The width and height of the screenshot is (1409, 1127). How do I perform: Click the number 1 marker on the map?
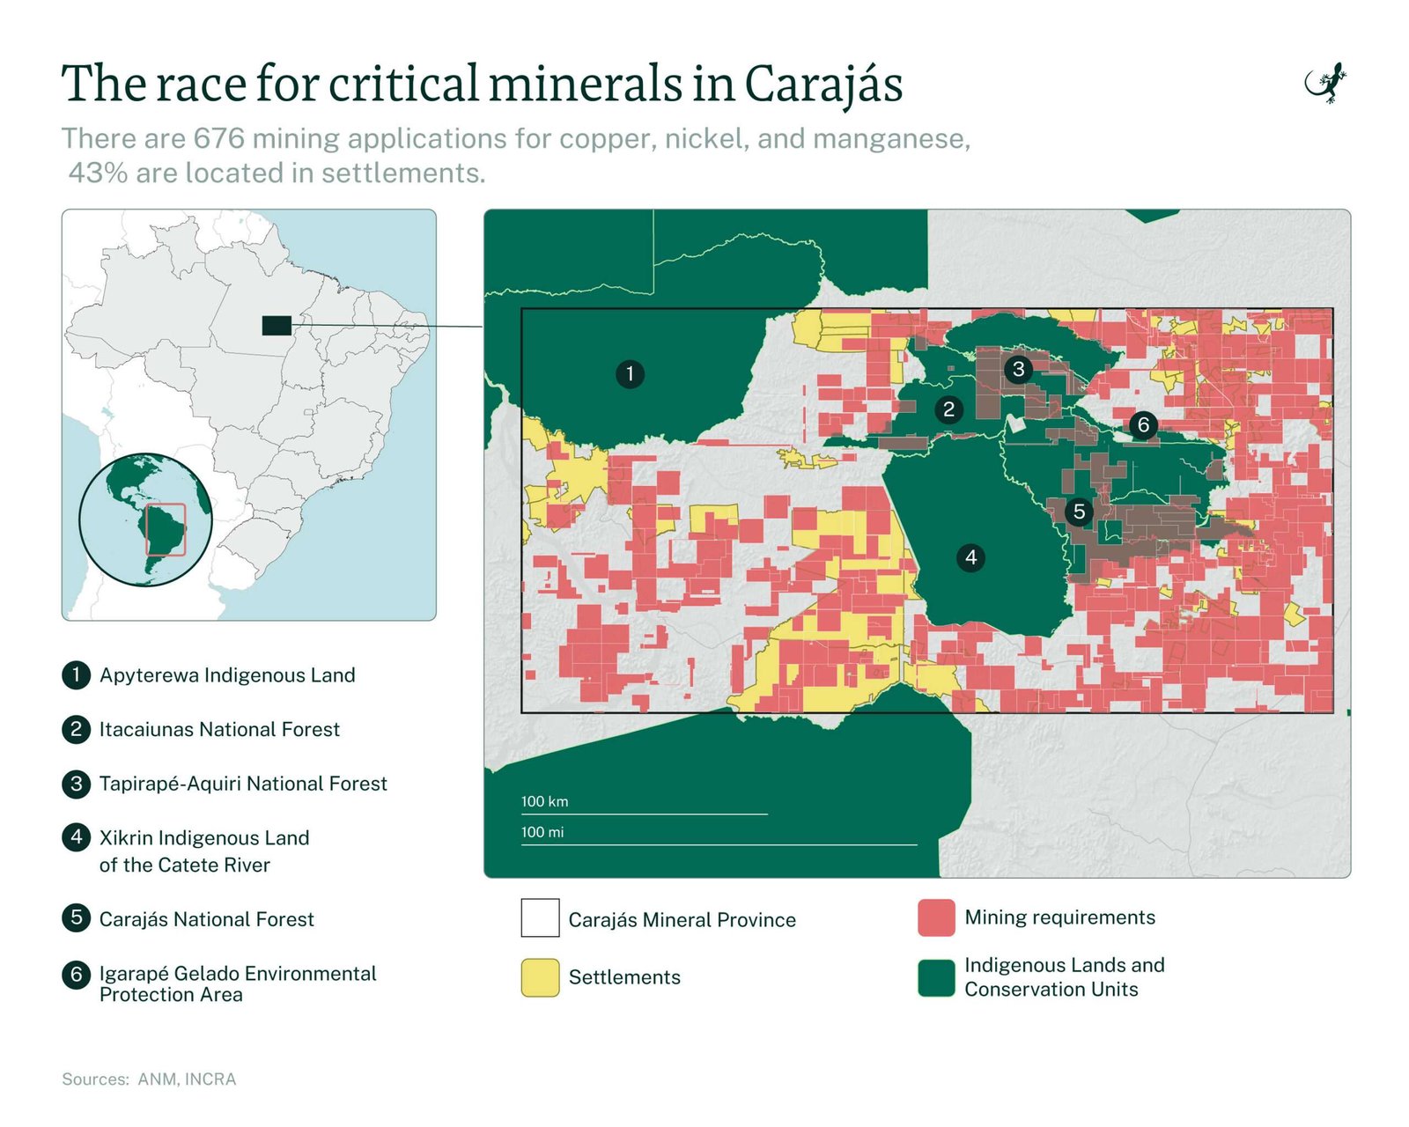630,374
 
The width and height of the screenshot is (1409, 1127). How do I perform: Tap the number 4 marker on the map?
970,557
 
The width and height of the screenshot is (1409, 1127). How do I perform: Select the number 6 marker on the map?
1143,425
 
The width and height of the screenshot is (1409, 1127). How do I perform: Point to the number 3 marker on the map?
1018,369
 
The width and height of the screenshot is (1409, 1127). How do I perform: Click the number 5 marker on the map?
1079,512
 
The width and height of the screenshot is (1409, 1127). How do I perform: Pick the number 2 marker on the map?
948,409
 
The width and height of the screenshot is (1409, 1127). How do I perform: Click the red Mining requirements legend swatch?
936,917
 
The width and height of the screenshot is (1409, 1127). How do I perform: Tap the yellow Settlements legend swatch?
540,977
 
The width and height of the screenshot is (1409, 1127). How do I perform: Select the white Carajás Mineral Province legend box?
540,917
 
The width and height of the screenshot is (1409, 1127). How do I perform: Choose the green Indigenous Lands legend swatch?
936,977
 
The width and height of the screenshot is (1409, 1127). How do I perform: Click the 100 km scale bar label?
544,801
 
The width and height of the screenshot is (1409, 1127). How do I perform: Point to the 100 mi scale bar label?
542,832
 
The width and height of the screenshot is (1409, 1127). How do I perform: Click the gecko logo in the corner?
1326,84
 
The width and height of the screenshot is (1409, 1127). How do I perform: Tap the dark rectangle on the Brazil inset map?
277,326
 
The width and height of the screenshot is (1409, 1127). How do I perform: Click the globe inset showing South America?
145,519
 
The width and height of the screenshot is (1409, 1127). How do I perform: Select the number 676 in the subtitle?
218,139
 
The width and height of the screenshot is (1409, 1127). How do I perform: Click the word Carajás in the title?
823,85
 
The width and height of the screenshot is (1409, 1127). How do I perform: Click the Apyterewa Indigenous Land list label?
227,675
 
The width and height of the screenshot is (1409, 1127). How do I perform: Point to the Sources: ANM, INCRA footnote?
149,1079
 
